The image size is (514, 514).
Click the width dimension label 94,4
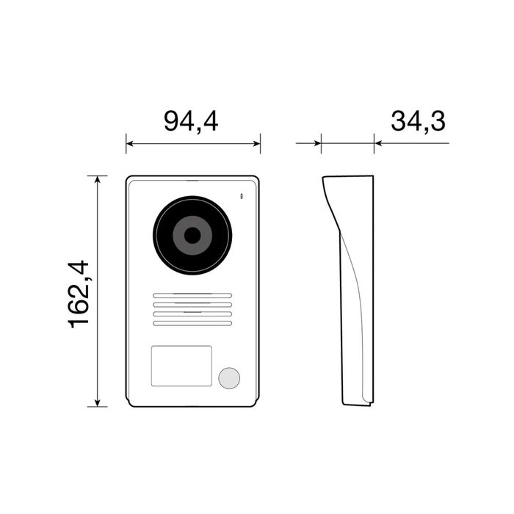(x=191, y=121)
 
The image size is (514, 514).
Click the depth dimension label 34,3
(x=418, y=121)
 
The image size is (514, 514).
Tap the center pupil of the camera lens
(x=192, y=236)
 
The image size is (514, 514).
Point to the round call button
(x=229, y=377)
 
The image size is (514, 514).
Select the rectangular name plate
(x=181, y=366)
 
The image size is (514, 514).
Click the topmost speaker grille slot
(x=192, y=297)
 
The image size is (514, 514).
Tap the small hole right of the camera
(x=240, y=196)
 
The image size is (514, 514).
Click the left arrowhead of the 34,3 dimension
(x=317, y=143)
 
